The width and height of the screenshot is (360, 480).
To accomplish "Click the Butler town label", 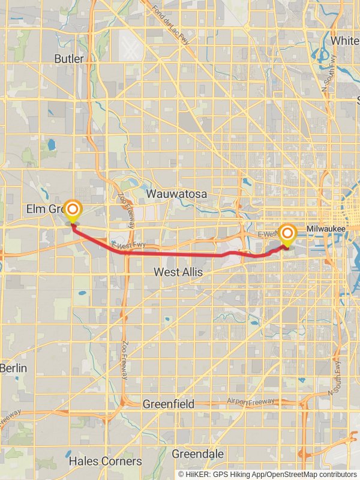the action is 70,58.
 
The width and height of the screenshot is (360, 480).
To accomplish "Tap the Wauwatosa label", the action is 176,194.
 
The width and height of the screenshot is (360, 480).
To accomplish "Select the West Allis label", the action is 178,272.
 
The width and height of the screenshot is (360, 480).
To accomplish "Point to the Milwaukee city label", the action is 326,229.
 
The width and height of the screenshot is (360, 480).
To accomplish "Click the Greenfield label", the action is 168,404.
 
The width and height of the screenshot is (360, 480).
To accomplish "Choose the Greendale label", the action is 198,454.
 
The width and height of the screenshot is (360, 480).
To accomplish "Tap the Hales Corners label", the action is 105,461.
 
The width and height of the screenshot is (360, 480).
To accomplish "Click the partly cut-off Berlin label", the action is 13,368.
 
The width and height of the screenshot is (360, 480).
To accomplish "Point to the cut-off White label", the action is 346,41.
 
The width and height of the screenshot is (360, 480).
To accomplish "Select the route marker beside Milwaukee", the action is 288,234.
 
